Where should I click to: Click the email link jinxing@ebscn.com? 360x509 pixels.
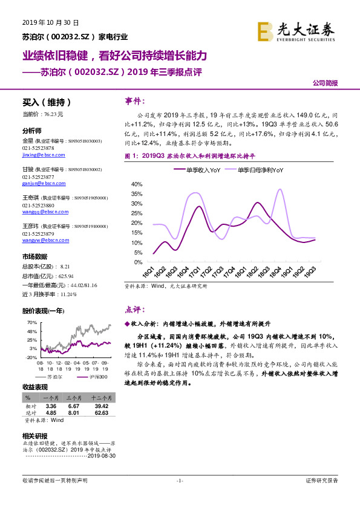38,155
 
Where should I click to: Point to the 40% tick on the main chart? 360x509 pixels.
136,184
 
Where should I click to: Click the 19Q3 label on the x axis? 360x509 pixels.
311,273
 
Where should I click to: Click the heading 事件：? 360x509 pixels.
135,100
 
